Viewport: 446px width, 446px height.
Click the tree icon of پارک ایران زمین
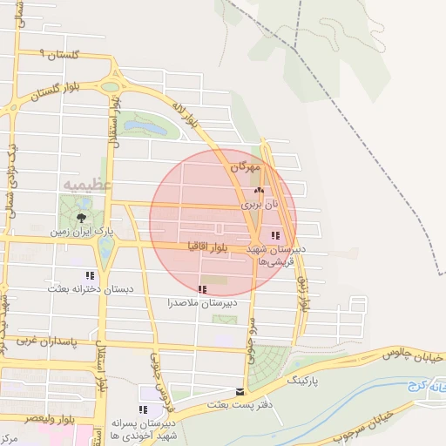click(x=81, y=217)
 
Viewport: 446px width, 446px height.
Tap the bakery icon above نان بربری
click(x=258, y=189)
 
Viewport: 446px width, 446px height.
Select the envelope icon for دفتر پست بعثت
click(x=240, y=391)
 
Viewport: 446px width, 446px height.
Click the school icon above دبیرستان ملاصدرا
click(x=202, y=289)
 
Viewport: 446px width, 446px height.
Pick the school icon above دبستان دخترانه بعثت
click(x=91, y=274)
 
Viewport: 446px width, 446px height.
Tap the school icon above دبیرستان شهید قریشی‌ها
click(x=275, y=235)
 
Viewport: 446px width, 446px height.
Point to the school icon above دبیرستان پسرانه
click(x=143, y=409)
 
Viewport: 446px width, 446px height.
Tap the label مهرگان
click(x=246, y=166)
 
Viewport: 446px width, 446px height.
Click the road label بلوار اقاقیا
click(x=206, y=247)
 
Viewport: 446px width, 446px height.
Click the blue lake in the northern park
click(x=146, y=128)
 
